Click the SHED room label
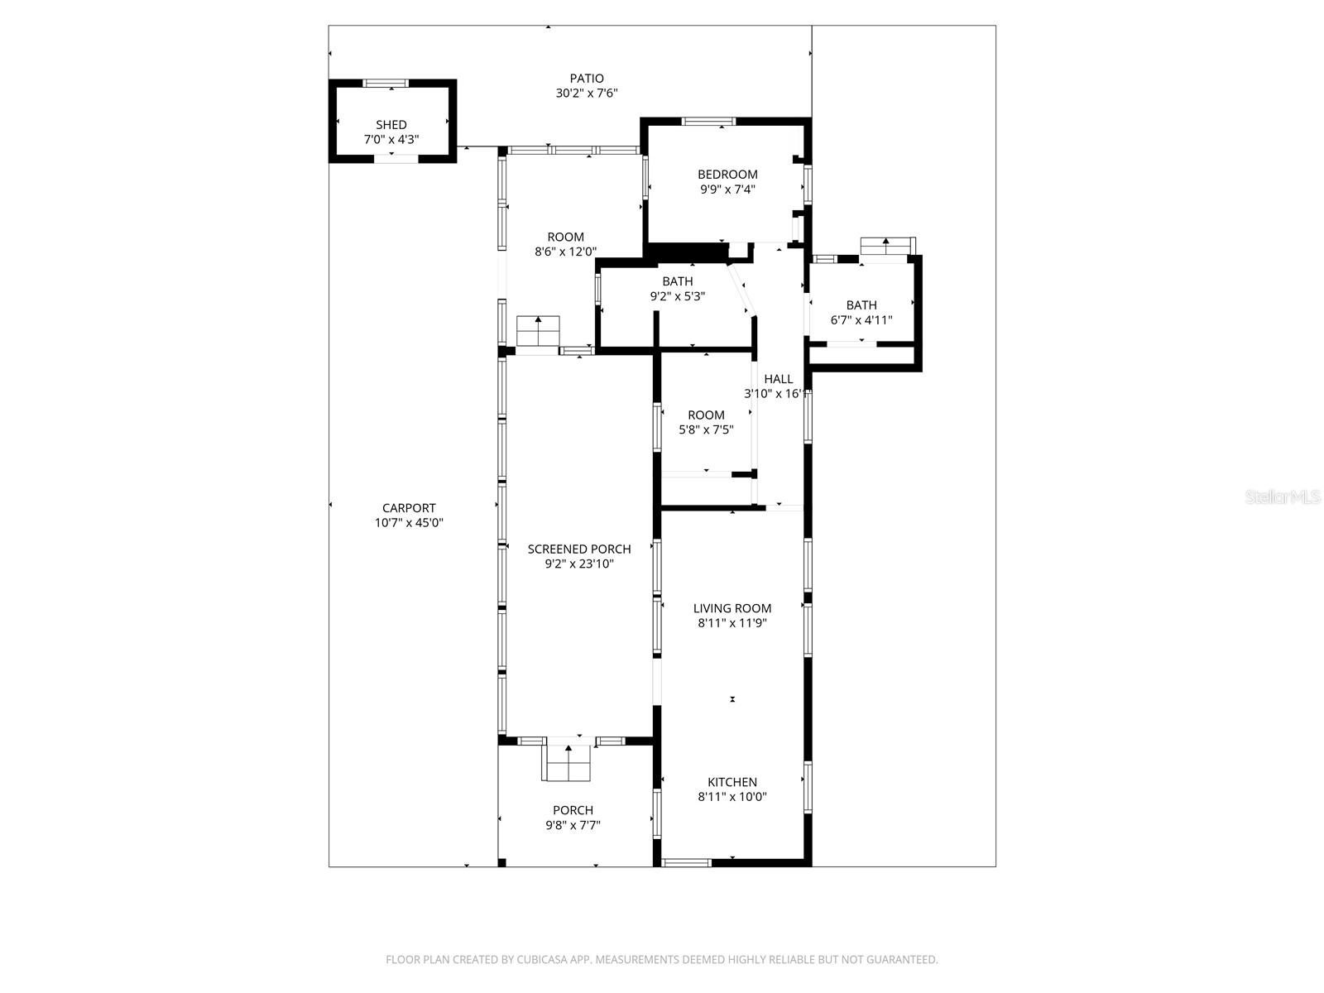point(391,125)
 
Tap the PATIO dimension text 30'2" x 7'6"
point(587,94)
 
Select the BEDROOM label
point(727,175)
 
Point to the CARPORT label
point(409,508)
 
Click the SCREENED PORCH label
point(579,549)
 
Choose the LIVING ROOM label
point(732,608)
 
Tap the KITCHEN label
point(732,782)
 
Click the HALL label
point(779,379)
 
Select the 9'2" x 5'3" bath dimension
point(677,295)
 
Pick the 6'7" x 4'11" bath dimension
point(861,319)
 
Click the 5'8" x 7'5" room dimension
point(706,429)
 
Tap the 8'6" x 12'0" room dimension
point(566,252)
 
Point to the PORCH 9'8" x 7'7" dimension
point(573,825)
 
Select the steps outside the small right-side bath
point(887,246)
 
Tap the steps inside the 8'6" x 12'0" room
point(538,331)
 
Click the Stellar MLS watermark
point(1282,497)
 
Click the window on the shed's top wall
point(386,83)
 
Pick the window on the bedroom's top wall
point(708,122)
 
